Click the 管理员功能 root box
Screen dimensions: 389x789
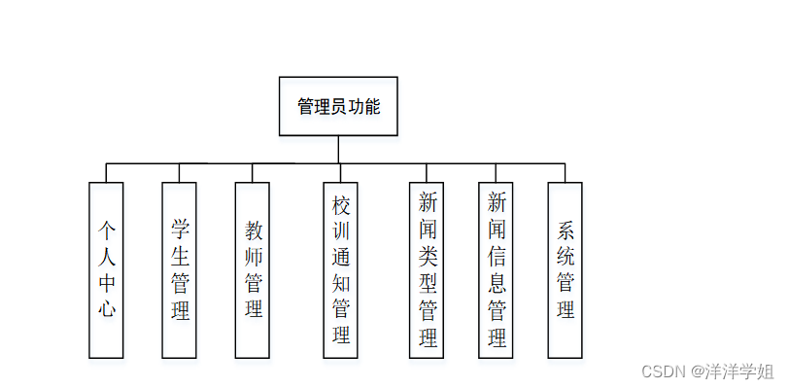pos(338,106)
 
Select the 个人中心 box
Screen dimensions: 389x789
pos(107,269)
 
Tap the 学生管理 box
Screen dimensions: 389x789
pos(179,269)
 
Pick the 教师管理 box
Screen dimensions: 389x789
pos(253,269)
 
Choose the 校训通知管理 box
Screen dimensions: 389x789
pos(340,269)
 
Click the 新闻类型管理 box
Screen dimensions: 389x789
pos(428,269)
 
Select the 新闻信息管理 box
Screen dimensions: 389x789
pos(497,269)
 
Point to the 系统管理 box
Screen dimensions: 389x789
pos(566,269)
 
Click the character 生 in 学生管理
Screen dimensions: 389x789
pos(179,256)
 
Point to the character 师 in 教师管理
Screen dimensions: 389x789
pos(253,256)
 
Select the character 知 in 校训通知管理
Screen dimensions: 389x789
pos(340,283)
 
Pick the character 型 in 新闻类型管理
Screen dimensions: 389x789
pos(428,283)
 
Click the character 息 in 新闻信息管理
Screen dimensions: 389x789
pos(497,283)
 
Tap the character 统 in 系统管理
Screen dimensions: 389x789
pos(566,256)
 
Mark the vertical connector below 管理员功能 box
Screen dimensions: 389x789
pos(338,149)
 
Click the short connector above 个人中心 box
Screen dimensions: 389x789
pos(107,172)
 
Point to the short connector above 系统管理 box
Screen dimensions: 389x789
pos(566,172)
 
